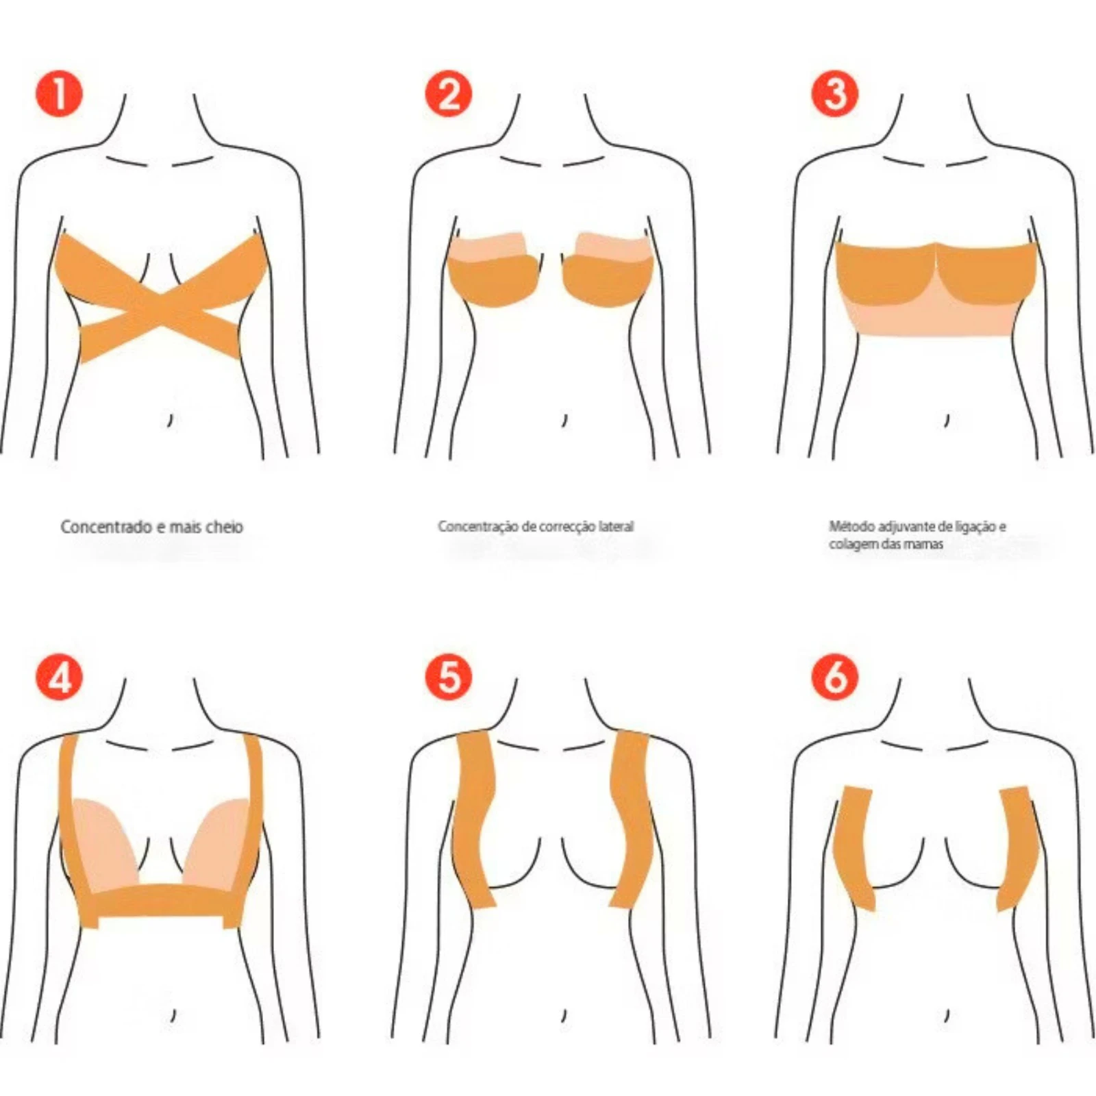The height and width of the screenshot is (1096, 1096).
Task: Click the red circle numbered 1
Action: point(59,94)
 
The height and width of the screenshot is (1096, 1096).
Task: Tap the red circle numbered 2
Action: point(449,94)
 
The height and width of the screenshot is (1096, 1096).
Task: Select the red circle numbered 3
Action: point(834,94)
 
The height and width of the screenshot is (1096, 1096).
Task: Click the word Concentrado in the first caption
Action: point(106,527)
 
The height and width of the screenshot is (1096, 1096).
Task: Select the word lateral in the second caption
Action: point(616,527)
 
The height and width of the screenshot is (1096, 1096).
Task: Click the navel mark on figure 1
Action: point(170,419)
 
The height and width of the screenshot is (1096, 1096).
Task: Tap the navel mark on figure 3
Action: point(947,419)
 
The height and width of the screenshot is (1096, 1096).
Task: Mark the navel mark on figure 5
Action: point(564,1015)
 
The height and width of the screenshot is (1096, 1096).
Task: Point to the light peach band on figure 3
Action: point(936,315)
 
